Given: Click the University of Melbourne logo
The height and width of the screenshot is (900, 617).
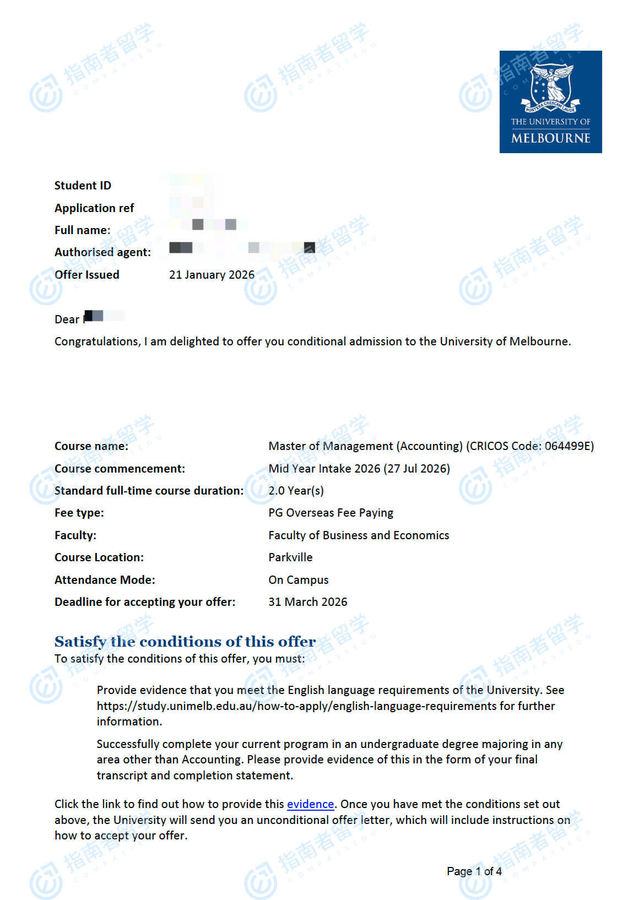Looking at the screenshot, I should pos(550,102).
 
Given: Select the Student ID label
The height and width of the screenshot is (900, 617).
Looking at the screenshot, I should pos(83,186).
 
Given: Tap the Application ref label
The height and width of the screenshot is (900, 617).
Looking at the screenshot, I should pos(94,208).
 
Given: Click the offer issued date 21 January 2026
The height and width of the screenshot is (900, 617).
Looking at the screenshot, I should pos(212,275).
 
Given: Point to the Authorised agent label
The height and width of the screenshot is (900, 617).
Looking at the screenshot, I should pos(102,252).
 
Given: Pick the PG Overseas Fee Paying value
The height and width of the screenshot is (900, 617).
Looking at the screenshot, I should pos(331,513).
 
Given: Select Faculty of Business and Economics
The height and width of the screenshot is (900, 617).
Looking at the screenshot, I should pos(359,535).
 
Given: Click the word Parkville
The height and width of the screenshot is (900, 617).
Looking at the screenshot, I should pos(290,557).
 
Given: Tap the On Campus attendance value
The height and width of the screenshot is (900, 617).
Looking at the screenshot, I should pos(298,580).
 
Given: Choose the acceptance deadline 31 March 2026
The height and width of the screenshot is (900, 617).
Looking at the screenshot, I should pos(307,602).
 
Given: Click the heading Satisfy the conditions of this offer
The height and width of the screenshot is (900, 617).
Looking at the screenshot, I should pos(185,642).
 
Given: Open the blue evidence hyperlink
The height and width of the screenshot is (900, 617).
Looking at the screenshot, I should pos(310,804).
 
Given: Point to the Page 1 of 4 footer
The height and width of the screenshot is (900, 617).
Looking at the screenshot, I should pos(474,871).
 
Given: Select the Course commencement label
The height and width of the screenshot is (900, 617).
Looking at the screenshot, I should pos(120,469).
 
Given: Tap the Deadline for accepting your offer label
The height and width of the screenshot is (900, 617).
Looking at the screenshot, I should pos(145,602).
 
